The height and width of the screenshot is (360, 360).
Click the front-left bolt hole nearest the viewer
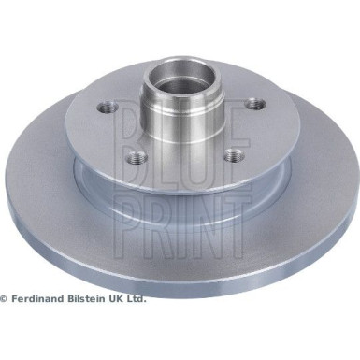click(137, 157)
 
